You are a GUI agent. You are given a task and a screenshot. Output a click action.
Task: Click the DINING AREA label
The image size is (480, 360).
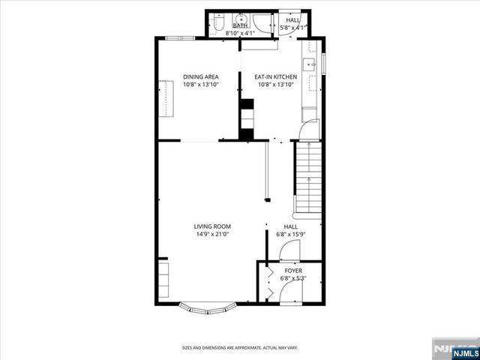(200, 76)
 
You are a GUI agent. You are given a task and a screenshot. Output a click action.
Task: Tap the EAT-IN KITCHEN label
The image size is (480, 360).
(276, 76)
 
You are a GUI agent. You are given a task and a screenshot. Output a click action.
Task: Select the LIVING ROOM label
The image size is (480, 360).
(212, 226)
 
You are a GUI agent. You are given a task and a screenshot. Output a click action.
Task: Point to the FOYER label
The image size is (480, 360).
(292, 271)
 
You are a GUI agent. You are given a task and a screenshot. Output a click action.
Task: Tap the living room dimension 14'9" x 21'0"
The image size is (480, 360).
(212, 234)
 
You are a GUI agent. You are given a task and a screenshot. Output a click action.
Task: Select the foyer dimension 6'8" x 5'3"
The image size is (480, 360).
(292, 278)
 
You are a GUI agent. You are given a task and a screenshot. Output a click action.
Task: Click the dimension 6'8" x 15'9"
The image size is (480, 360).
(290, 234)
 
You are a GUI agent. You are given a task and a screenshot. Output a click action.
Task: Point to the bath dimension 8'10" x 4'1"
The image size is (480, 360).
(241, 33)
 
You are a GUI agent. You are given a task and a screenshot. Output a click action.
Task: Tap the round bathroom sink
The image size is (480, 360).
(241, 19)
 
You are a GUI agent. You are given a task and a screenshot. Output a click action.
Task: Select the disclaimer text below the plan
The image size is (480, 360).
(240, 348)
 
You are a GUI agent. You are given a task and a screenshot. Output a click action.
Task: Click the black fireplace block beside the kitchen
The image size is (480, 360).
(246, 118)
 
